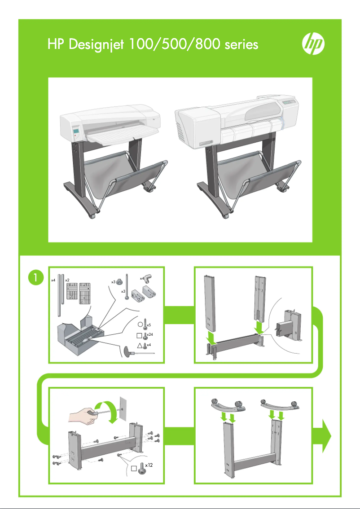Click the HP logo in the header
coord(312,44)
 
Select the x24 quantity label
coord(150,335)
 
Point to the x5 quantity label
coord(149,325)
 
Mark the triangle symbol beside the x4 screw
coord(140,345)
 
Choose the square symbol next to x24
coord(140,334)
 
